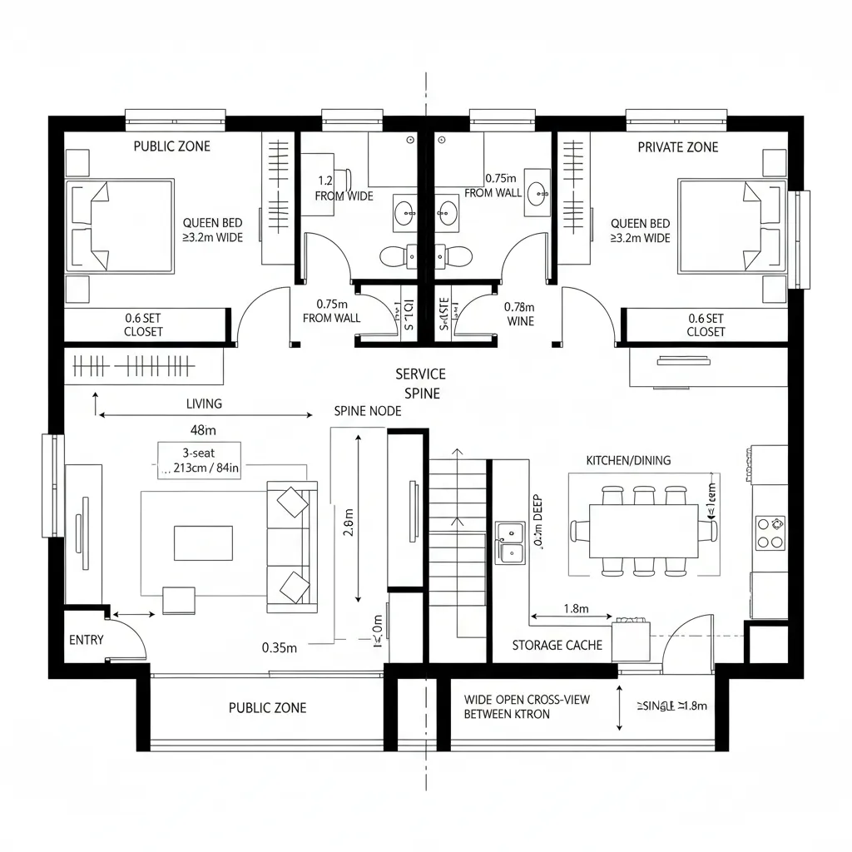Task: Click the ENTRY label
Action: coord(87,640)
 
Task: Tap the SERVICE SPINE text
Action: coord(420,384)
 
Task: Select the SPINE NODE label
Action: coord(367,411)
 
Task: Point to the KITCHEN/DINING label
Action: coord(628,460)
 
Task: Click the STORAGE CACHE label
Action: coord(557,645)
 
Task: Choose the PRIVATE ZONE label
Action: coord(677,147)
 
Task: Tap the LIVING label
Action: coord(204,404)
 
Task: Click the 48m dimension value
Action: coord(204,430)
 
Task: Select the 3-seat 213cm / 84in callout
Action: coord(199,460)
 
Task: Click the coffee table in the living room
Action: coord(203,543)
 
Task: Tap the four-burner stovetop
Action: coord(770,532)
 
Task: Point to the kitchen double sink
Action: coord(509,542)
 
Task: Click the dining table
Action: coord(644,532)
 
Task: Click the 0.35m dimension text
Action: coord(279,647)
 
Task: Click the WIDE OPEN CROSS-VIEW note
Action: coord(526,706)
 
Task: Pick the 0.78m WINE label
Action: coord(521,313)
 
